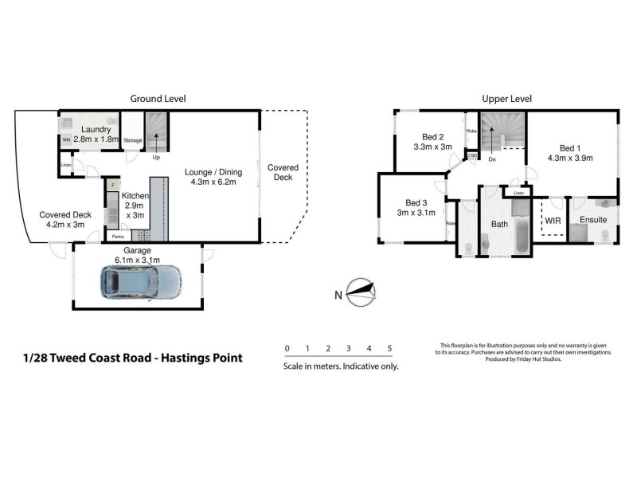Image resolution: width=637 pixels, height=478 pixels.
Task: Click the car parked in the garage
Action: coord(141,280)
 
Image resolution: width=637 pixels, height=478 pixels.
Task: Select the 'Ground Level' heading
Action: coord(158,99)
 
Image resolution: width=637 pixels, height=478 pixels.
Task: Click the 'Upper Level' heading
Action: coord(506,99)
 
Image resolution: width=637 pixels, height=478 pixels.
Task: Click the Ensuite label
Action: coord(592,219)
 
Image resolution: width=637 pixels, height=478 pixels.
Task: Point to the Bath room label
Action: coord(499,224)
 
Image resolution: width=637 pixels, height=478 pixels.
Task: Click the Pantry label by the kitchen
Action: coord(118,237)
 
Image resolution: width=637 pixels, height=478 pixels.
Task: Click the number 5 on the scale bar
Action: coord(389,349)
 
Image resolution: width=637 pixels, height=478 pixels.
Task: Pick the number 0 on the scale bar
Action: coord(287,349)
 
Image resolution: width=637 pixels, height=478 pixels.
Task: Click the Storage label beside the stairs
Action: coord(133,140)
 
